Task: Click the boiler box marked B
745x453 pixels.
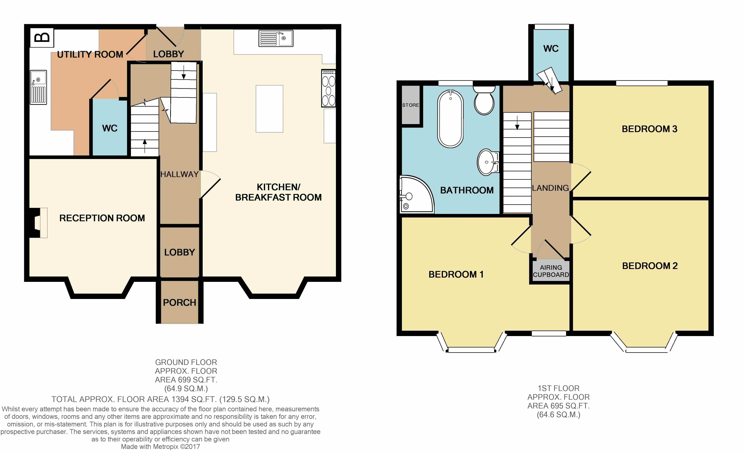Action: click(x=42, y=38)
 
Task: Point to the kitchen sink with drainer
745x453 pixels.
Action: click(x=276, y=38)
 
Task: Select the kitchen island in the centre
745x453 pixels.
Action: click(x=269, y=109)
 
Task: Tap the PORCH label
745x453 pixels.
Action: click(x=180, y=303)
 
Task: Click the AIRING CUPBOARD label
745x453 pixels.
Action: click(x=551, y=271)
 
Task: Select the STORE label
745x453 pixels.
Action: click(x=411, y=105)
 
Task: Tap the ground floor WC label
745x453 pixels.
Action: click(x=110, y=128)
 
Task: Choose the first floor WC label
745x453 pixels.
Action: click(x=551, y=48)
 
